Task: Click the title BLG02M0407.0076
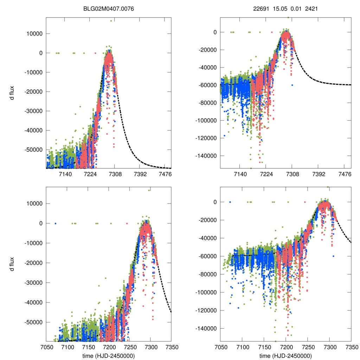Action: coord(111,9)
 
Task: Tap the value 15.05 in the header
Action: coord(278,9)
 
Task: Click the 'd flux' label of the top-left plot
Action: coord(12,92)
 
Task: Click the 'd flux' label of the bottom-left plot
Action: coord(12,262)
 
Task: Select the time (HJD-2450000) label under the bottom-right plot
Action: coord(285,355)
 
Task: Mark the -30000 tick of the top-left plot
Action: coord(34,111)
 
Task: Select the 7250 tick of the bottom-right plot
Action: coord(308,347)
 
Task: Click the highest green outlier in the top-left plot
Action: coord(111,21)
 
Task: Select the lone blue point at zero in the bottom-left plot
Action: coord(55,223)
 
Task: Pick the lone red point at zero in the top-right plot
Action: coord(271,32)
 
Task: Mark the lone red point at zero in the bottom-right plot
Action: coord(305,202)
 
